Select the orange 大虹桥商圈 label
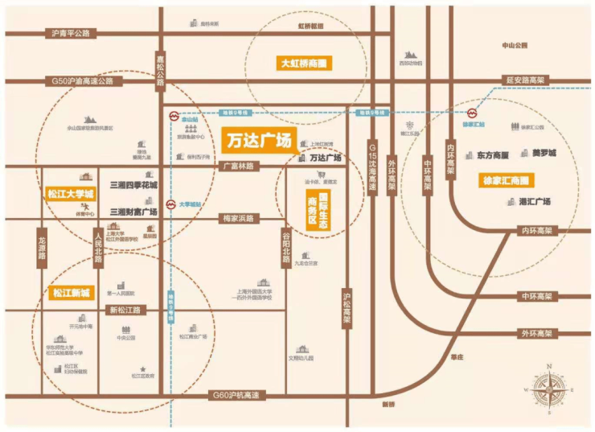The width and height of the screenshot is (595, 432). coord(305,63)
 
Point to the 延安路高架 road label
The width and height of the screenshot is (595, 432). coord(525,80)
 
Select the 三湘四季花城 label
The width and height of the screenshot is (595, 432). coord(133,184)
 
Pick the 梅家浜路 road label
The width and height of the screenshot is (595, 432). coord(237,218)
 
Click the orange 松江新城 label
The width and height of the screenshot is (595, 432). coord(72,291)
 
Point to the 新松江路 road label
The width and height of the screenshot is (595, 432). coord(125,310)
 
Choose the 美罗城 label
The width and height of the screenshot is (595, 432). coord(544,153)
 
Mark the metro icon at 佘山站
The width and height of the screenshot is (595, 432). coord(170,116)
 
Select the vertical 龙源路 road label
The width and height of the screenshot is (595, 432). coord(42,252)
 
